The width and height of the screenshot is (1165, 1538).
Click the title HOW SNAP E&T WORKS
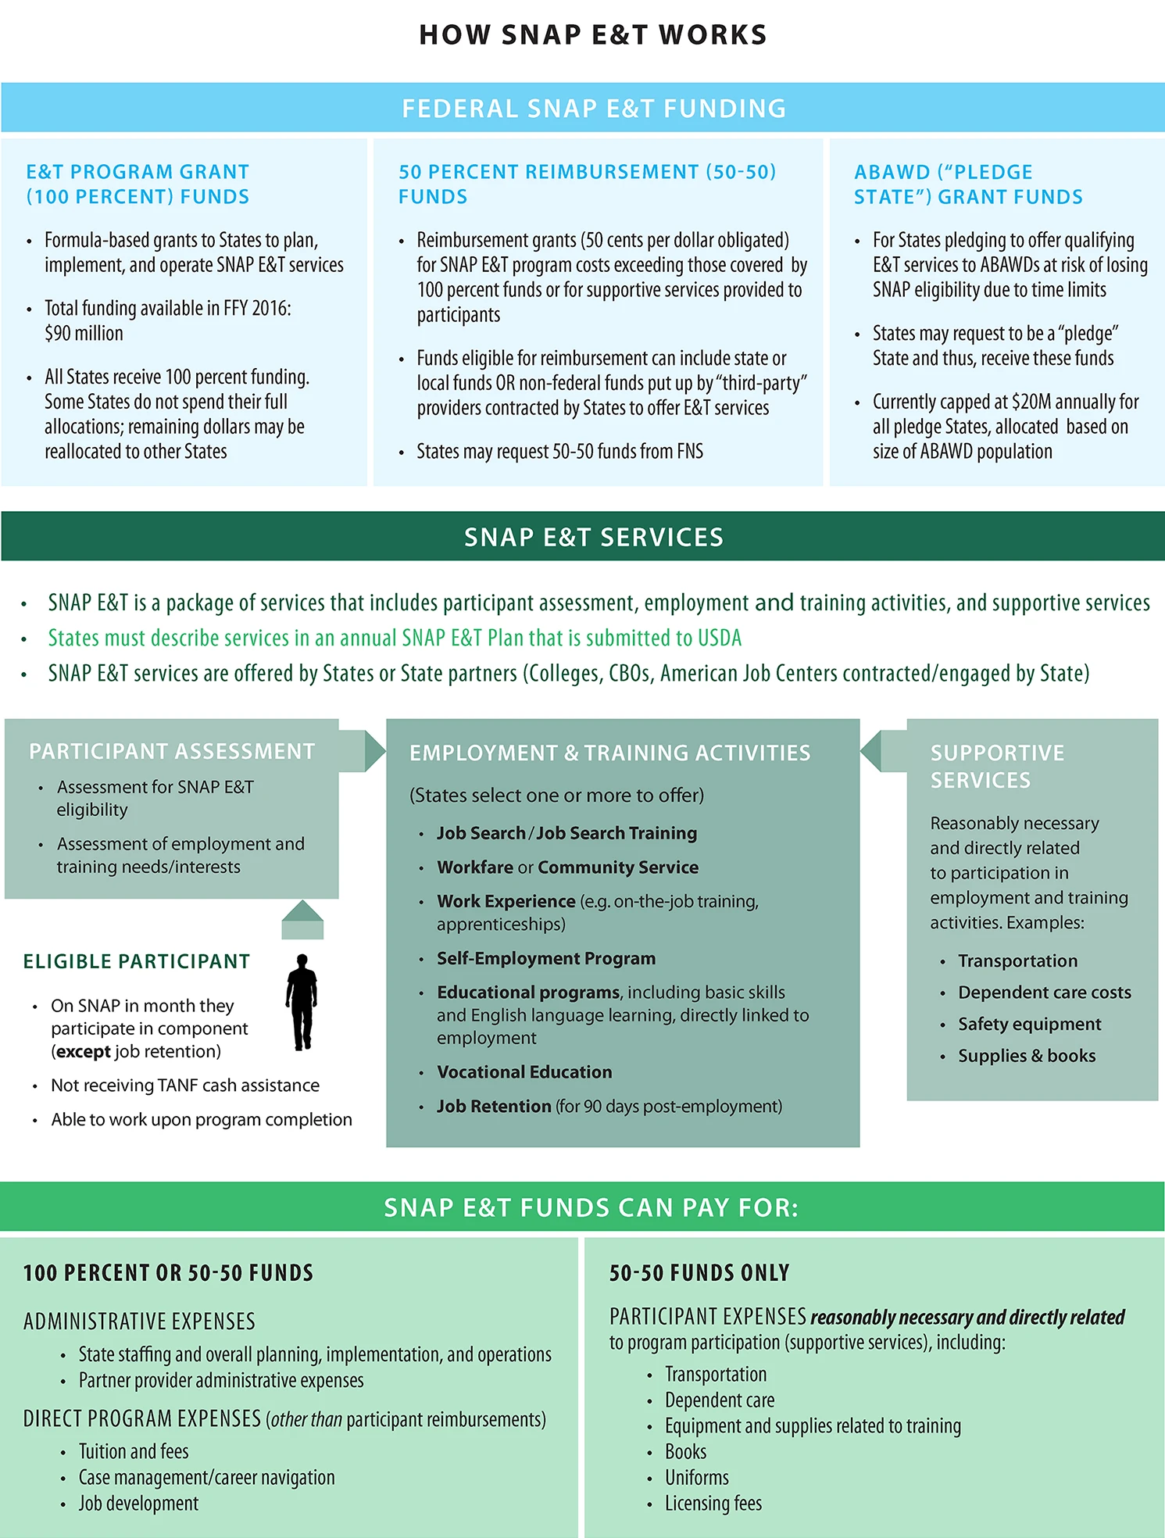pos(593,35)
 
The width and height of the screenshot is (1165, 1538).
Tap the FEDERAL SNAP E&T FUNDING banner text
pos(594,109)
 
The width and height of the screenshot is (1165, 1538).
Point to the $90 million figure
pos(84,334)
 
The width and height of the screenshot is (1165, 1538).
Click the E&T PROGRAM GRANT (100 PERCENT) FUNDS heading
pos(138,184)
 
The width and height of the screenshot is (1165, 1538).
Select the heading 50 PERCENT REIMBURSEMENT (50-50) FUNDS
pos(588,184)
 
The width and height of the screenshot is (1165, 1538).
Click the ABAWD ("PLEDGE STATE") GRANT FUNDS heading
pos(968,184)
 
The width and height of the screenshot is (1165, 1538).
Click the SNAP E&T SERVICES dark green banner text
pos(594,538)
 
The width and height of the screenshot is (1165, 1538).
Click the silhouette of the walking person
pos(302,1002)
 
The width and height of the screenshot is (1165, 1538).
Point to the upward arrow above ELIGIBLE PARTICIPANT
pos(302,919)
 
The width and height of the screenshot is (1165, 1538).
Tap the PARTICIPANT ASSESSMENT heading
pos(172,752)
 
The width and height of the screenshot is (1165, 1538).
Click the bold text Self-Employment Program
pos(546,958)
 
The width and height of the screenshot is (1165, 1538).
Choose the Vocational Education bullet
pos(524,1072)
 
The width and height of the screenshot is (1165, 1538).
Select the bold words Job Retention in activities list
pos(494,1107)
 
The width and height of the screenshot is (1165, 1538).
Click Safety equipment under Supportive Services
pos(1029,1025)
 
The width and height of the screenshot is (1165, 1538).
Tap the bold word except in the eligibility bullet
pos(84,1052)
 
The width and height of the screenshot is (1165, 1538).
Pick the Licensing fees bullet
pos(713,1504)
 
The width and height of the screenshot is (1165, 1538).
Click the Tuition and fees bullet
pos(134,1452)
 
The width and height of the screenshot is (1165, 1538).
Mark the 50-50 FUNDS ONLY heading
pos(699,1273)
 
